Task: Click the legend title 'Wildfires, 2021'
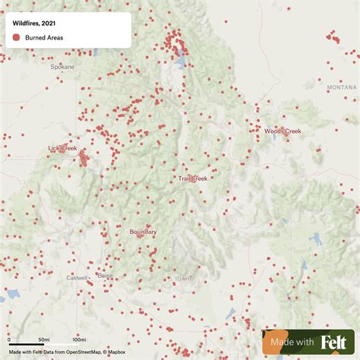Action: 33,24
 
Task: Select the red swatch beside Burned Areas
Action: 17,36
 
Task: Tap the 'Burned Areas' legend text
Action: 45,36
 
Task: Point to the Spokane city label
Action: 63,67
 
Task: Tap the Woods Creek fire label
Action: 283,131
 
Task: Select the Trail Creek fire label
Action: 193,178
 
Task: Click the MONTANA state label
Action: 341,87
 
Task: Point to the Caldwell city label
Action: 77,278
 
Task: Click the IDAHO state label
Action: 185,279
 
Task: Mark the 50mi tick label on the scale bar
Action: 45,339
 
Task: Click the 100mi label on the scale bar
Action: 78,339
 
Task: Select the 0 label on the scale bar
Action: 10,339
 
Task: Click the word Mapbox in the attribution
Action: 115,352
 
